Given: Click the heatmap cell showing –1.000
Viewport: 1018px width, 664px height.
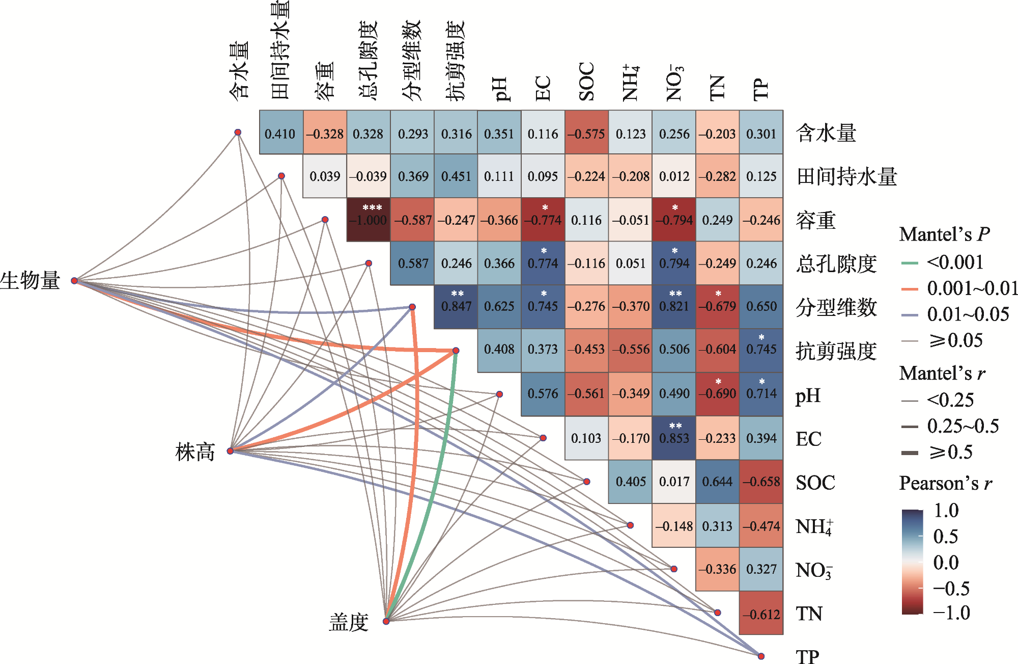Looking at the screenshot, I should tap(368, 220).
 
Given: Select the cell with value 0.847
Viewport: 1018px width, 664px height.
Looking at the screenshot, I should tap(456, 306).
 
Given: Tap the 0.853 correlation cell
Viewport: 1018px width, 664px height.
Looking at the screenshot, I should tap(674, 438).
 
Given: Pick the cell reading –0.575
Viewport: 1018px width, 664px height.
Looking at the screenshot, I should tap(586, 134).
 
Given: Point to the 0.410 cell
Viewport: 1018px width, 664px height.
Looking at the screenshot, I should tap(280, 134).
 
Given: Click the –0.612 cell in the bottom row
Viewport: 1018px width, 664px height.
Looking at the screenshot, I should tap(761, 614).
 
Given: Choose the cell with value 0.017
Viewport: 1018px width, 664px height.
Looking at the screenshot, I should tap(674, 482).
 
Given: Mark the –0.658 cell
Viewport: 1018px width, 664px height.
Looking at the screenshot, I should tap(761, 482).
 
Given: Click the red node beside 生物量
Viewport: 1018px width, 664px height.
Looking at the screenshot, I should tap(74, 281).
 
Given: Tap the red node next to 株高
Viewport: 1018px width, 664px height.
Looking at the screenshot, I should tap(231, 451).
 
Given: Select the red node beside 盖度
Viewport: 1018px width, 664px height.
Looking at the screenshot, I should tap(386, 621).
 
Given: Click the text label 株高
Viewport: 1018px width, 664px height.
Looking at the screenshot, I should tap(195, 452).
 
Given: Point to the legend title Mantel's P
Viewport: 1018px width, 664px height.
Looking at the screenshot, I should tap(944, 234).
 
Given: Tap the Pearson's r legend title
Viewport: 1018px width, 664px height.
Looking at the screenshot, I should tap(946, 483).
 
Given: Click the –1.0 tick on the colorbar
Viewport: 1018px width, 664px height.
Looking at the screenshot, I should tap(951, 613).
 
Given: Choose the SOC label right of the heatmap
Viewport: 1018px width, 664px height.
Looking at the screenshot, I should tap(815, 483).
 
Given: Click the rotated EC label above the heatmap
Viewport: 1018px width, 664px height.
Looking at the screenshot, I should tap(543, 89).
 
